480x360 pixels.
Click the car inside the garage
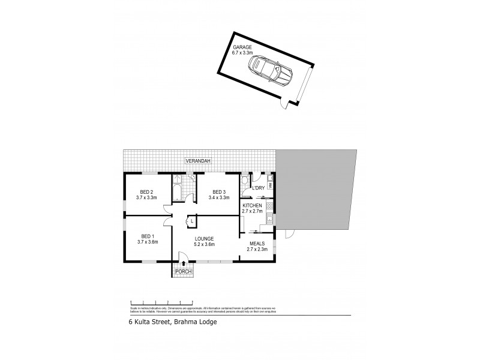(x=271, y=70)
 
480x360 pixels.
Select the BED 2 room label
(x=147, y=192)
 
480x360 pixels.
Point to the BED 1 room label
(x=147, y=236)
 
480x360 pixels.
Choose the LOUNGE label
(x=204, y=238)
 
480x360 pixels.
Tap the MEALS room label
(x=257, y=243)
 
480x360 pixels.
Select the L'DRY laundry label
(x=259, y=188)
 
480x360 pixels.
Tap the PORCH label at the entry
(x=183, y=272)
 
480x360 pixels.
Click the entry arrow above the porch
(x=183, y=262)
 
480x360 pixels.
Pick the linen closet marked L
(x=191, y=221)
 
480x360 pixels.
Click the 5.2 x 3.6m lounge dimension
(x=204, y=244)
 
